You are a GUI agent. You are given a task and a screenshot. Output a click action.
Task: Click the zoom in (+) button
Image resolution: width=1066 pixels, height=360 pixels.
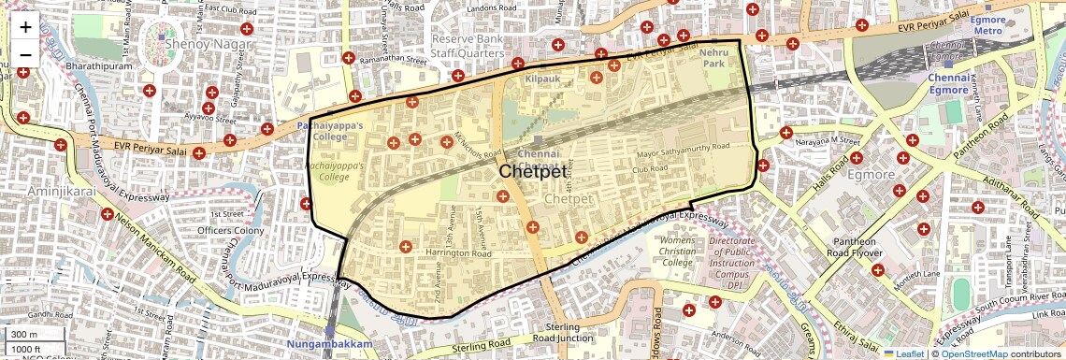click(25, 27)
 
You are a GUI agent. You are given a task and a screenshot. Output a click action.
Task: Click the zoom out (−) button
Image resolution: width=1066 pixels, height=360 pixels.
click(25, 53)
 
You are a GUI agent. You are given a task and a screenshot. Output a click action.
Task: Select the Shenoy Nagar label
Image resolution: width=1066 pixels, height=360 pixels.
click(207, 44)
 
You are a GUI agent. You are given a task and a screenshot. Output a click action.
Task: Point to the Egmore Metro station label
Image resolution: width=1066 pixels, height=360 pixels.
click(987, 25)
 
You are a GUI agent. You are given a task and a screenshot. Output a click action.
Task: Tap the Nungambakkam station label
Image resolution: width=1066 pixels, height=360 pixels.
click(330, 345)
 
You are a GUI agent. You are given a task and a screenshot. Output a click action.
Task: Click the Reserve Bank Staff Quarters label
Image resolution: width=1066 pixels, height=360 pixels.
click(468, 47)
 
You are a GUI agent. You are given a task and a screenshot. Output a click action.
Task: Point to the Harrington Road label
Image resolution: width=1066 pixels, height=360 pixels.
click(459, 253)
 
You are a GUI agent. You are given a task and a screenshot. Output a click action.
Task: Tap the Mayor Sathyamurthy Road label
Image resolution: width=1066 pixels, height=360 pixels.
click(683, 148)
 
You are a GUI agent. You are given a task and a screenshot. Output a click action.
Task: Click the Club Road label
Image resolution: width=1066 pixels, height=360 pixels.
click(649, 169)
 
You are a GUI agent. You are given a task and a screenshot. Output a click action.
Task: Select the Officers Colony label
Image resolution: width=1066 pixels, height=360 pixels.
click(229, 231)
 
